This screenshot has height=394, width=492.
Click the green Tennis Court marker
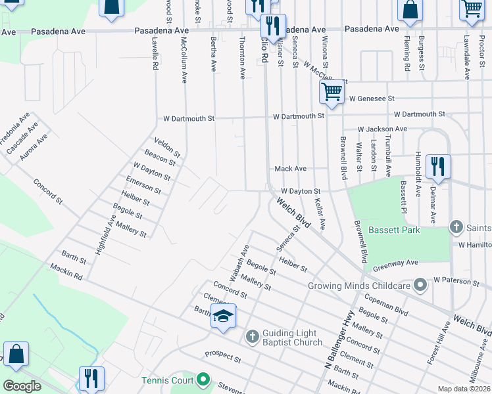(x=204, y=380)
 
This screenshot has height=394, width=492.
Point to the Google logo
(x=22, y=386)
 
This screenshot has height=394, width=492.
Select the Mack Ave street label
(x=290, y=169)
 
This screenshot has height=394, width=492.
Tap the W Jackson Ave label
(x=382, y=129)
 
